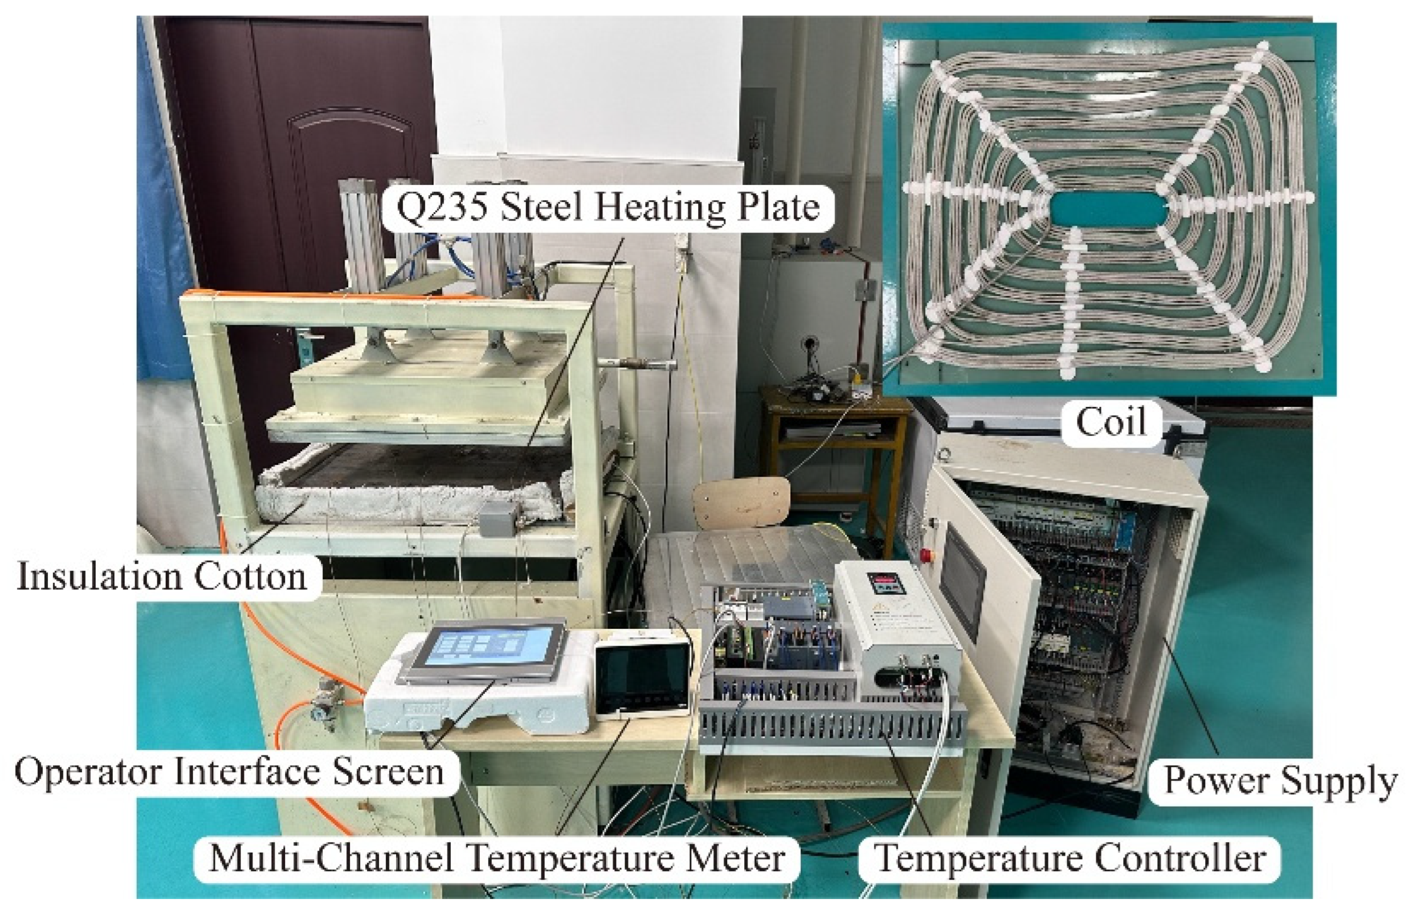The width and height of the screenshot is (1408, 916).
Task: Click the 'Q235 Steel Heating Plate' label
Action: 608,208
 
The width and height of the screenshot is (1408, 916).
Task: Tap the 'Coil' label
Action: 1110,422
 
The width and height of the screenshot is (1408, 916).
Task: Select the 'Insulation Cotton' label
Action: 162,577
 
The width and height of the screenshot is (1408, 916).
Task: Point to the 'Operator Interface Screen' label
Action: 230,772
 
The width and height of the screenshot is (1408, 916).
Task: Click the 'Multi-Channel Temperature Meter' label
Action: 497,858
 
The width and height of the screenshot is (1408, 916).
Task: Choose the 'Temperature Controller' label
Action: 1070,858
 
